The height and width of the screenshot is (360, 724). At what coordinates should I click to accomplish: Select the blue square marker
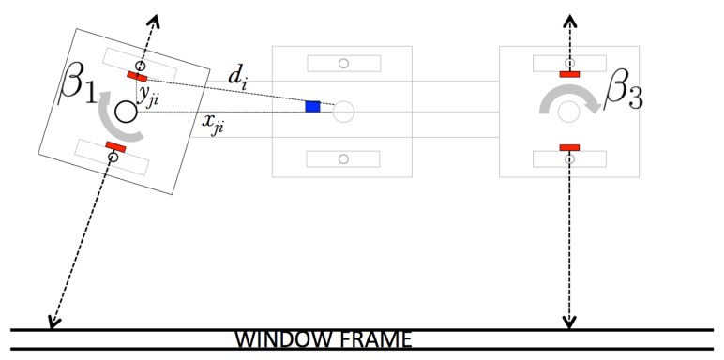[313, 107]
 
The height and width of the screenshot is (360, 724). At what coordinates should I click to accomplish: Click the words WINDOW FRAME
[324, 338]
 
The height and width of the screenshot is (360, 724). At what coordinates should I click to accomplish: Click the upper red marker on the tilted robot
[137, 76]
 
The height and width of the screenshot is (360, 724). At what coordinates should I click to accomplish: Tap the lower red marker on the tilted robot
[116, 145]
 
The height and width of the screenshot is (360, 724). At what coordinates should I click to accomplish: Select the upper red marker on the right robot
[569, 73]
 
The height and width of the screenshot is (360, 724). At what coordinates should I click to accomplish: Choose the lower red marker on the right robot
[569, 147]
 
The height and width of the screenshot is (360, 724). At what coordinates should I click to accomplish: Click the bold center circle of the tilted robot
[125, 112]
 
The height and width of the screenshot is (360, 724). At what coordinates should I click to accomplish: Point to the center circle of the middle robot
[343, 111]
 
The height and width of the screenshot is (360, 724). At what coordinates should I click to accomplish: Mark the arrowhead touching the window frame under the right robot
[569, 324]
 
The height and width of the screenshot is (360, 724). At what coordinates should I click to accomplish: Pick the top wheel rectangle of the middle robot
[342, 63]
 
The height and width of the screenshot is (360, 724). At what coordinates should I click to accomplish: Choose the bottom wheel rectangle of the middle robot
[342, 158]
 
